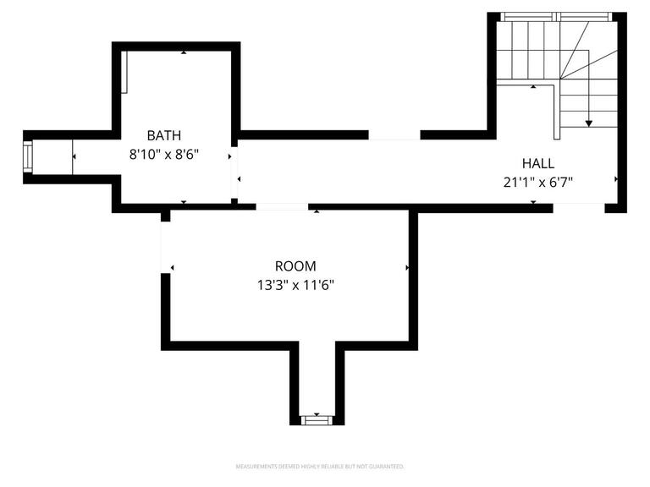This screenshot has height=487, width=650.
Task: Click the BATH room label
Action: click(x=163, y=135)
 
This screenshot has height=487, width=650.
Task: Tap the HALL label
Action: click(x=538, y=162)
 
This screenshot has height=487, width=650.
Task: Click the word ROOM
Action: click(x=295, y=266)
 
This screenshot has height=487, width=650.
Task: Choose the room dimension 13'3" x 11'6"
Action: click(x=295, y=285)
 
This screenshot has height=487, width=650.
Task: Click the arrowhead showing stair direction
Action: click(x=588, y=123)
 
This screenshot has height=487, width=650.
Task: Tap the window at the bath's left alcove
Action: click(x=28, y=156)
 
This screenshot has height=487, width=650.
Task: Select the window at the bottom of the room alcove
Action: click(x=317, y=419)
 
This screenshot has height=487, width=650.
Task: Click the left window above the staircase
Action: click(x=526, y=16)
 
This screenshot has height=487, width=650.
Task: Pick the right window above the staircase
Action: click(x=585, y=16)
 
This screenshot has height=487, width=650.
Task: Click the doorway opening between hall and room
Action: click(x=281, y=206)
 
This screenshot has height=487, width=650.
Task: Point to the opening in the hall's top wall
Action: click(x=394, y=134)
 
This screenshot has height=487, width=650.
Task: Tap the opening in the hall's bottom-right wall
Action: click(x=579, y=207)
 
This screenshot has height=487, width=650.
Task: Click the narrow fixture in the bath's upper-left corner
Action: click(x=124, y=71)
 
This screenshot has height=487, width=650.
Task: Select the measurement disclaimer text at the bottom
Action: click(x=319, y=467)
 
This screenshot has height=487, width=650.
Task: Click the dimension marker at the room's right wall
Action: click(x=408, y=267)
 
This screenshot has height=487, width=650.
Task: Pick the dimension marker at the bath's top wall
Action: click(x=185, y=52)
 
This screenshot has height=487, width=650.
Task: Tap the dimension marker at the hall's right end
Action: click(x=616, y=179)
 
